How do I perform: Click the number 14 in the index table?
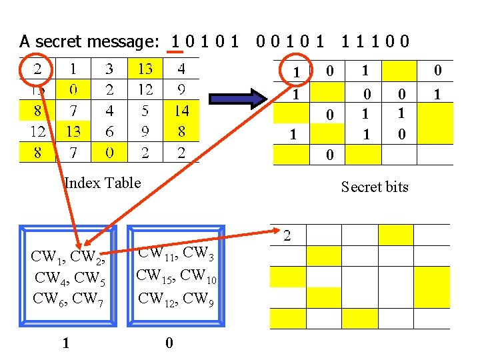(x=181, y=111)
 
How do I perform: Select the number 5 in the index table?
(x=145, y=111)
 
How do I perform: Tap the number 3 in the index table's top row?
(x=109, y=68)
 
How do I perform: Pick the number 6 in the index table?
(x=109, y=132)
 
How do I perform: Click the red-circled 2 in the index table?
(x=37, y=68)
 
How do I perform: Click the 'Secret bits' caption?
(x=375, y=187)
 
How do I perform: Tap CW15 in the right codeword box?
(x=155, y=275)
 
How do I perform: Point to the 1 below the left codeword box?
(x=65, y=343)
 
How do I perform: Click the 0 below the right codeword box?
(x=169, y=343)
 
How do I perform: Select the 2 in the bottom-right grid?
(x=287, y=235)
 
